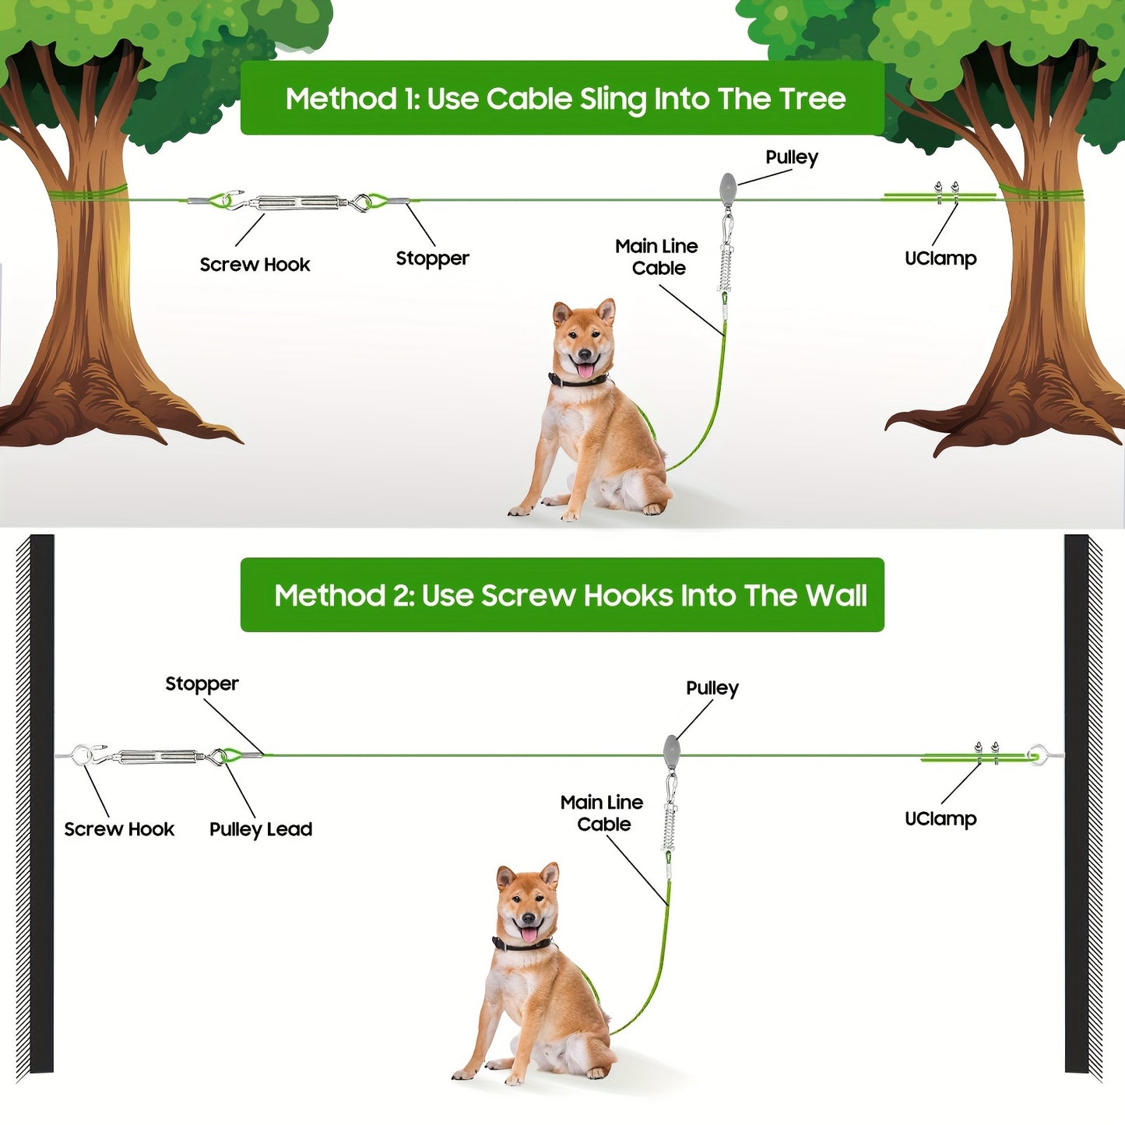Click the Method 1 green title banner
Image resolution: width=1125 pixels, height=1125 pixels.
pyautogui.click(x=562, y=98)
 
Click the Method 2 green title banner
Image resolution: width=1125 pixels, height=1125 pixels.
pyautogui.click(x=562, y=595)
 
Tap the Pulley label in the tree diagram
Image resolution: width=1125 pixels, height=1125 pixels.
pyautogui.click(x=791, y=157)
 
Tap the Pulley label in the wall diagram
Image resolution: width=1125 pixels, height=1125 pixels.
pyautogui.click(x=712, y=688)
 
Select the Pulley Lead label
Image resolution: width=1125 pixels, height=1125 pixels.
pyautogui.click(x=261, y=829)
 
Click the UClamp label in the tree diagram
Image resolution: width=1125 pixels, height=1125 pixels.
pyautogui.click(x=940, y=258)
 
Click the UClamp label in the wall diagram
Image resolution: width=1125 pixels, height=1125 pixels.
pyautogui.click(x=940, y=819)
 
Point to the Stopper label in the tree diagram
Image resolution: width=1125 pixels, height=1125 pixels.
pyautogui.click(x=432, y=258)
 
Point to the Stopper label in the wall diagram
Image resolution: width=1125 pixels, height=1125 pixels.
pyautogui.click(x=202, y=684)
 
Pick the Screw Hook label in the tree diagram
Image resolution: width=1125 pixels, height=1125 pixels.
pyautogui.click(x=255, y=265)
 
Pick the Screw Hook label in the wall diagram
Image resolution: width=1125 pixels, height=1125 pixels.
pyautogui.click(x=119, y=829)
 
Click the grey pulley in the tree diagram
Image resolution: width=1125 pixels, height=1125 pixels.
pyautogui.click(x=728, y=188)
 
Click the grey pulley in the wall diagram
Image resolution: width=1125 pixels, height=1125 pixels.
pyautogui.click(x=671, y=751)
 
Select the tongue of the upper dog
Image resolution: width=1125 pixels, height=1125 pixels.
pyautogui.click(x=585, y=369)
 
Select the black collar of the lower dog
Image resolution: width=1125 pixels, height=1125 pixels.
pyautogui.click(x=522, y=944)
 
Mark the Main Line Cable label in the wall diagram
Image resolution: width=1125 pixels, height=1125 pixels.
pyautogui.click(x=602, y=814)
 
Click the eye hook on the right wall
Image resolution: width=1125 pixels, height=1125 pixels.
pyautogui.click(x=1036, y=753)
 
